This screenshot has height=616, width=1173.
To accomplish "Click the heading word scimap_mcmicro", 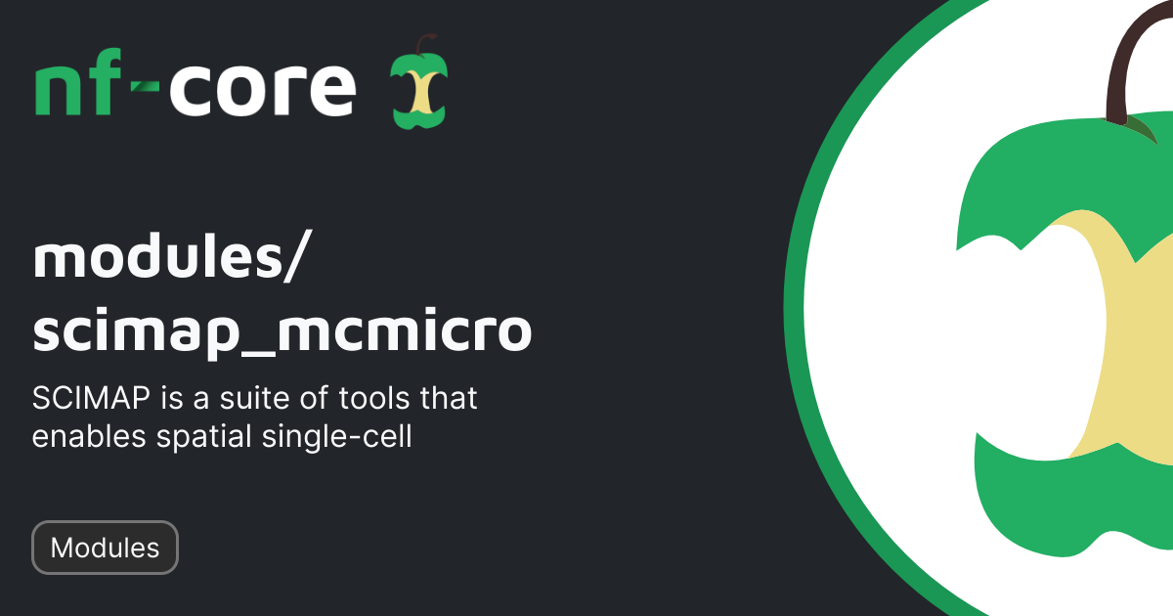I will coord(282,332).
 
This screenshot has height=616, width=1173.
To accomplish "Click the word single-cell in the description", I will coord(337,437).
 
